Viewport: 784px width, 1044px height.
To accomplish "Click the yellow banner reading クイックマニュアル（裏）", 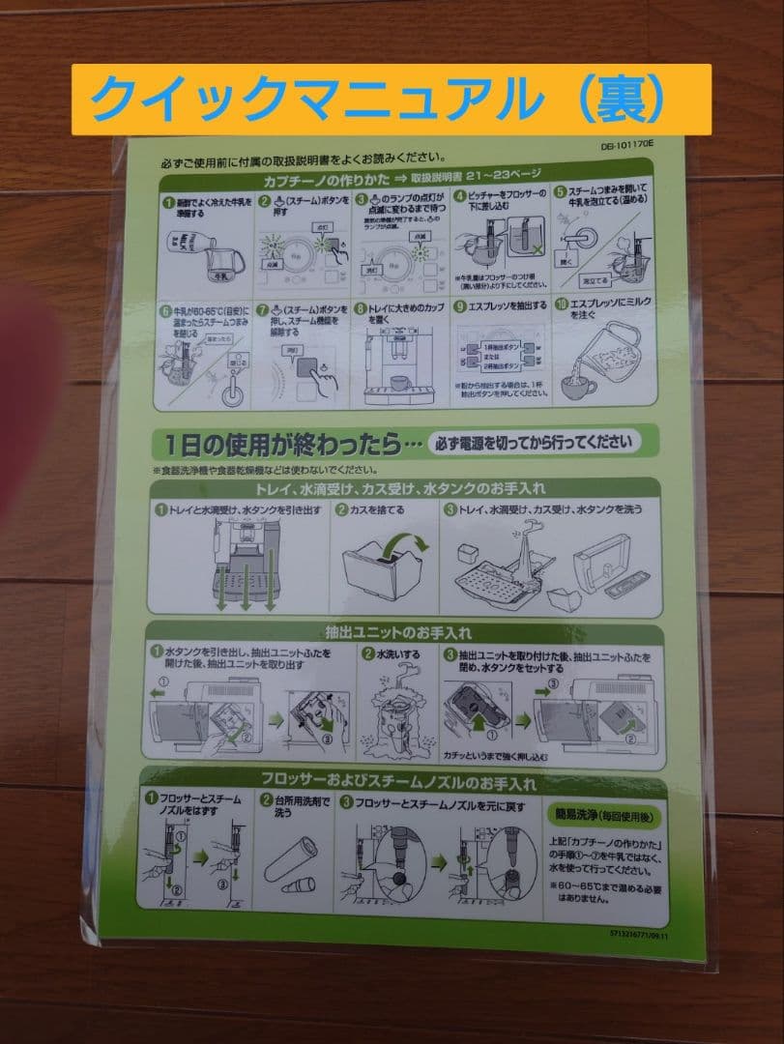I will click(x=392, y=100).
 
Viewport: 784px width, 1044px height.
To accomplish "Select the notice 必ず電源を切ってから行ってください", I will click(x=535, y=443).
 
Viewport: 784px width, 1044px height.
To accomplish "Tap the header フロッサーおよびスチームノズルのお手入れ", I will click(x=397, y=781).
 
